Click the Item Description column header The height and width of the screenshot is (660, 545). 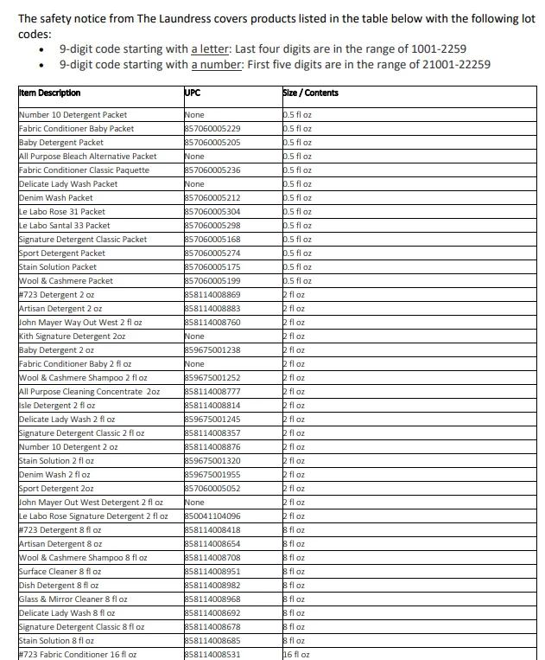49,93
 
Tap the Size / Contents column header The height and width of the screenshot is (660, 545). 310,93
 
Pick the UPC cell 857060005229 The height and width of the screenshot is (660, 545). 212,129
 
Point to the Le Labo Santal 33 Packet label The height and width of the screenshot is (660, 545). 64,226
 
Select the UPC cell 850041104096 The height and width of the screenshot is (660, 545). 212,516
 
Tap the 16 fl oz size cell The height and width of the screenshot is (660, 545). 296,655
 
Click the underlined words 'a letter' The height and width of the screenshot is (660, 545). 210,49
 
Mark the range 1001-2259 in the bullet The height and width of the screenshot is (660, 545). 432,49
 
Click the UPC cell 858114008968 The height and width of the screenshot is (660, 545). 212,599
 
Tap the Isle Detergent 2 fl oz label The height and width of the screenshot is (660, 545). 57,406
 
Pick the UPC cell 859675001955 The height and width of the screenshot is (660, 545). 212,475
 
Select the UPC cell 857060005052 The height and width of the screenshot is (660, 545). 212,489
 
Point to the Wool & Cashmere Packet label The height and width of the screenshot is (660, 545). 66,281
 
